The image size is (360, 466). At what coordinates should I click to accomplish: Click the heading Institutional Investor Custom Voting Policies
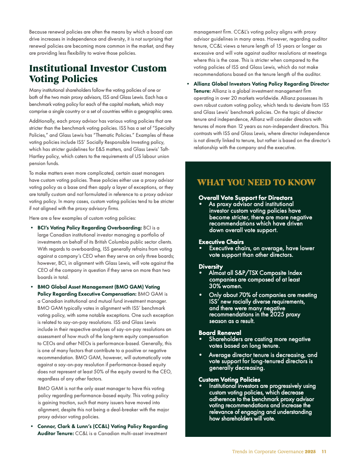(x=97, y=74)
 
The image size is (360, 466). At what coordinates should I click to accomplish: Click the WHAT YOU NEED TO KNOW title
(x=256, y=182)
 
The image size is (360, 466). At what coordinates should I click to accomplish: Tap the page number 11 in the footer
(x=324, y=451)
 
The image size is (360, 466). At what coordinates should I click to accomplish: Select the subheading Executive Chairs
(x=221, y=242)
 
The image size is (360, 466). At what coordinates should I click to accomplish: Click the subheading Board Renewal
(x=220, y=333)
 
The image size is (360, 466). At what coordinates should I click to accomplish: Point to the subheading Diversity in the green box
(x=210, y=267)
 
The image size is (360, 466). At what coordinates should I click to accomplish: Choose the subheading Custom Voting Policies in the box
(x=229, y=380)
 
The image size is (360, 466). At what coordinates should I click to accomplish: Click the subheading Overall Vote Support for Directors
(x=245, y=198)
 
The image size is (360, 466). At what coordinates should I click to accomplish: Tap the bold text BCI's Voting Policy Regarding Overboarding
(x=89, y=228)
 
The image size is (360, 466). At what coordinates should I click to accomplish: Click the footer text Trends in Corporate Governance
(x=268, y=451)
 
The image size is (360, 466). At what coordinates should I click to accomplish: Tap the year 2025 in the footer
(x=310, y=451)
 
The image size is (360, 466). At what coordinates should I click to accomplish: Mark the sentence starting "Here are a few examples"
(x=82, y=218)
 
